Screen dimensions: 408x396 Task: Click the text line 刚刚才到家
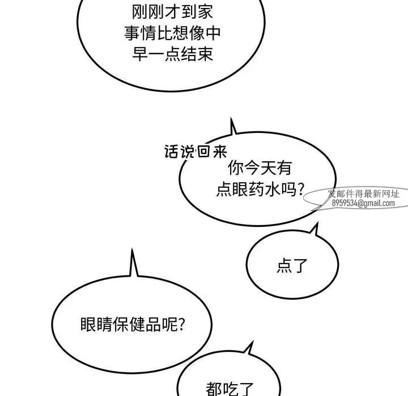click(x=172, y=12)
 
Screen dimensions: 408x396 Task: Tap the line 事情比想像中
click(x=172, y=33)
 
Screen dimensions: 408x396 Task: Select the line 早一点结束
click(x=172, y=54)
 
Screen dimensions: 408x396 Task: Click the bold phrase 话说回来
click(x=195, y=152)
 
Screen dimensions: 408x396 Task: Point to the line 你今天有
click(x=260, y=168)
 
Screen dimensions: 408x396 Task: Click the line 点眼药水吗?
click(x=260, y=188)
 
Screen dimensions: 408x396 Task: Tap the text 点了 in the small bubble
click(x=292, y=265)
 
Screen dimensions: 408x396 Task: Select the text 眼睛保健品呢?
click(x=133, y=324)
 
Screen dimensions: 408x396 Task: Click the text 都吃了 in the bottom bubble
click(x=229, y=389)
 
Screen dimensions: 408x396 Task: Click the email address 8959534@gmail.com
click(x=363, y=203)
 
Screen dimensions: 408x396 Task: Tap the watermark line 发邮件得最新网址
click(x=363, y=193)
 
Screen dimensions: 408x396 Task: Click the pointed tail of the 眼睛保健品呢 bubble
click(x=132, y=249)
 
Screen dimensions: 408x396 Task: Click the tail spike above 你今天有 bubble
click(x=231, y=118)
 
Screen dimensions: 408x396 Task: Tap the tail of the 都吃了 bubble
click(x=253, y=342)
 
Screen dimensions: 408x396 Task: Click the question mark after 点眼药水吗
click(x=300, y=189)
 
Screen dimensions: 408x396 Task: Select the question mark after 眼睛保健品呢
click(x=181, y=325)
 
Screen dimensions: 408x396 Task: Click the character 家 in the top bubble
click(x=205, y=12)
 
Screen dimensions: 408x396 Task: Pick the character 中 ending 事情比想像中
click(x=214, y=33)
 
